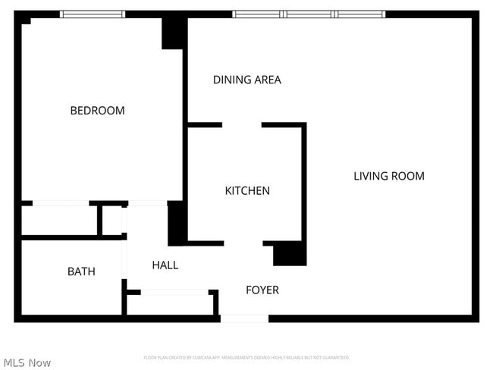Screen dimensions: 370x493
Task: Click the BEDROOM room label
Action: pyautogui.click(x=97, y=111)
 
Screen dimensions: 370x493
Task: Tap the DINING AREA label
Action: pyautogui.click(x=246, y=80)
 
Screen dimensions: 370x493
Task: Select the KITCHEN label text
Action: pyautogui.click(x=247, y=191)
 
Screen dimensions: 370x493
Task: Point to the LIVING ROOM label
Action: pyautogui.click(x=388, y=176)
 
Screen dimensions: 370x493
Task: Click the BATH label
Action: pyautogui.click(x=81, y=271)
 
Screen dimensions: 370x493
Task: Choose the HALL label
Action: pyautogui.click(x=165, y=265)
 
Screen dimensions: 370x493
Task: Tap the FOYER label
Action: pyautogui.click(x=262, y=290)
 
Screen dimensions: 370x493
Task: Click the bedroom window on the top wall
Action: pyautogui.click(x=93, y=14)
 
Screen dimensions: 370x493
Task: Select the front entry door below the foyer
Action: pyautogui.click(x=244, y=319)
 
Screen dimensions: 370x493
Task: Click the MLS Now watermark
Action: pyautogui.click(x=27, y=362)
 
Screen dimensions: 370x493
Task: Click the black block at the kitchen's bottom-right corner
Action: pyautogui.click(x=290, y=254)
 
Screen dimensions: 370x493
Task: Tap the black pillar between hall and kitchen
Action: pyautogui.click(x=176, y=224)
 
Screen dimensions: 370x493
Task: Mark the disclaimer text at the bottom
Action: pyautogui.click(x=246, y=357)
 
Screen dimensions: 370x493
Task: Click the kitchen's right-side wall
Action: pyautogui.click(x=304, y=182)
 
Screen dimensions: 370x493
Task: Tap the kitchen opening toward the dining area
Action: pyautogui.click(x=242, y=125)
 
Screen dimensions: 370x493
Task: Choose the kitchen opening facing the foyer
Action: pyautogui.click(x=243, y=243)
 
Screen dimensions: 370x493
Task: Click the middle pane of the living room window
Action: pyautogui.click(x=309, y=14)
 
